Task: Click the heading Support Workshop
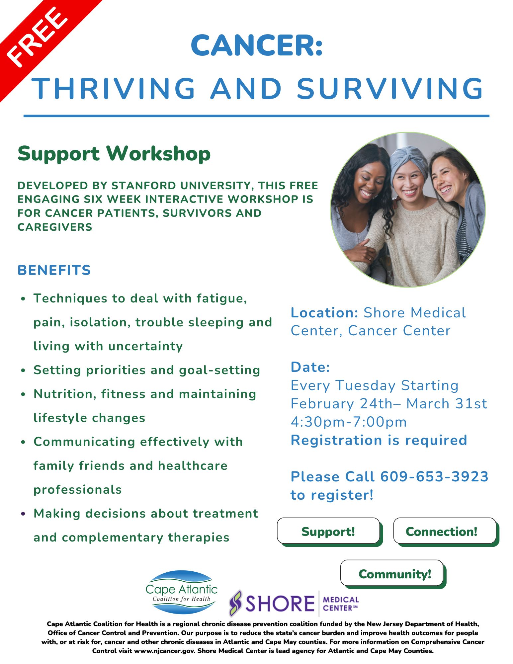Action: coord(114,154)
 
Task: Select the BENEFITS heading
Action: coord(54,270)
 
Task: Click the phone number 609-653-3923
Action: coord(434,476)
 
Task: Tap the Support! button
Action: coord(328,531)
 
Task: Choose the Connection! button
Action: coord(445,531)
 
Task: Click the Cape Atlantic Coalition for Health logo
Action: coord(181,592)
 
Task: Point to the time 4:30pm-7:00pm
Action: coord(349,422)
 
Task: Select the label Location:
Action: coord(324,313)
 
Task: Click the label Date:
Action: coord(310,367)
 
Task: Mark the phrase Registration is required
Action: coord(379,440)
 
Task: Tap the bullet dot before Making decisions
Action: coord(23,513)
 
